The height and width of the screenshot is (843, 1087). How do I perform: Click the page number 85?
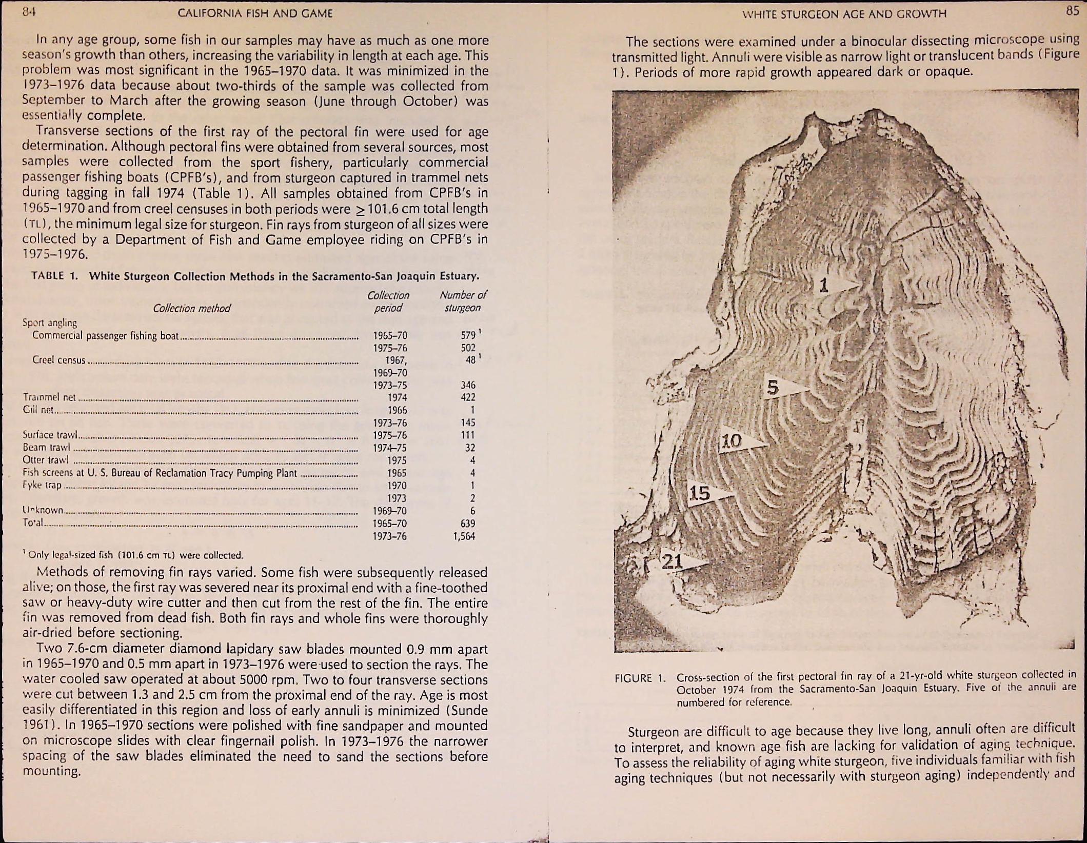pyautogui.click(x=1072, y=11)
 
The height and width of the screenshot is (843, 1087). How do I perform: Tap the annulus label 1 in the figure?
pyautogui.click(x=824, y=285)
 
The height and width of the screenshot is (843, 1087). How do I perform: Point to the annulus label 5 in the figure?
pyautogui.click(x=773, y=388)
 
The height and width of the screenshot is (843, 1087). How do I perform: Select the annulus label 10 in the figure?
pyautogui.click(x=732, y=441)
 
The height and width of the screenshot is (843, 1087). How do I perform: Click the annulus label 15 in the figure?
pyautogui.click(x=699, y=493)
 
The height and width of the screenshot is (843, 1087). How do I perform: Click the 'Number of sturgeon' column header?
pyautogui.click(x=463, y=302)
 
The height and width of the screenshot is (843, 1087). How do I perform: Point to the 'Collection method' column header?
pyautogui.click(x=192, y=308)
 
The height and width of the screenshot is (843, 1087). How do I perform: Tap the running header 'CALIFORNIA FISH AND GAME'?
pyautogui.click(x=255, y=13)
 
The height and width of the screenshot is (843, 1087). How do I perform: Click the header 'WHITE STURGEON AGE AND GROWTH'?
pyautogui.click(x=844, y=14)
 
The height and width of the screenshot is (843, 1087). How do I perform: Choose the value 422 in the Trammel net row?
pyautogui.click(x=468, y=397)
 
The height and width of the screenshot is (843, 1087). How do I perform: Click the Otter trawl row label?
pyautogui.click(x=46, y=460)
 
